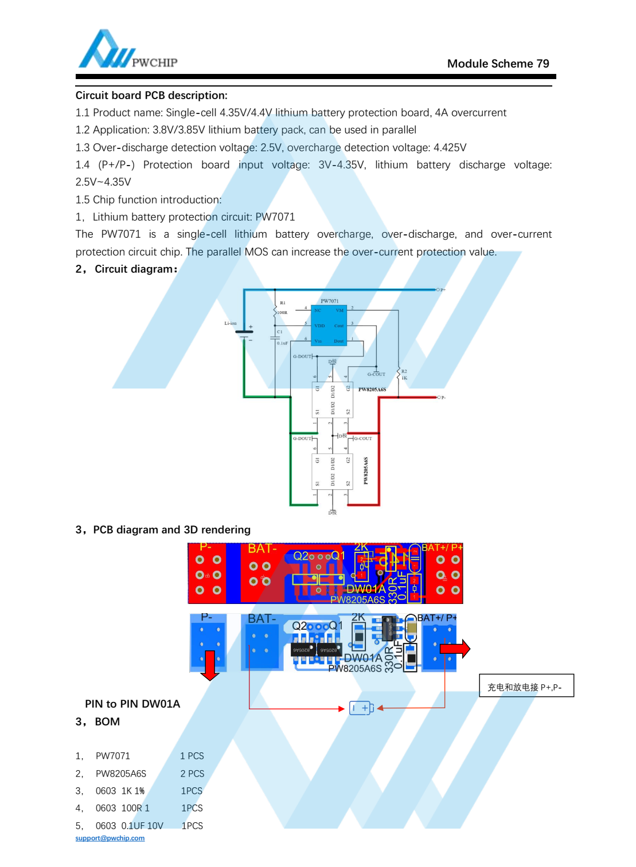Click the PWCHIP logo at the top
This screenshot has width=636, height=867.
(127, 50)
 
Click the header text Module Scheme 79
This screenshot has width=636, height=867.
(498, 64)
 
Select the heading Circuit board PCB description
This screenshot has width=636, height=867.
(151, 95)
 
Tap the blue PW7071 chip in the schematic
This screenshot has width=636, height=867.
(329, 325)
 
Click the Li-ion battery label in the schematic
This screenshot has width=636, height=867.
(230, 323)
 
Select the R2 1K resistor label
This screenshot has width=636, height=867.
(404, 375)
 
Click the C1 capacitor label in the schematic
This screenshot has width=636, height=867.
(280, 332)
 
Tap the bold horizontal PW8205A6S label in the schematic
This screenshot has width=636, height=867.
(372, 390)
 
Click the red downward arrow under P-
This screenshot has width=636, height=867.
(210, 665)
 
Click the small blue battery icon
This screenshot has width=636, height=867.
(361, 708)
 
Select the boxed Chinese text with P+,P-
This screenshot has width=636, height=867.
(525, 686)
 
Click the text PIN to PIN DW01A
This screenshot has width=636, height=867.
(132, 704)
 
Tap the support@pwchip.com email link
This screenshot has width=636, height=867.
(110, 838)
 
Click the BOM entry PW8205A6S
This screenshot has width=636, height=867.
(121, 774)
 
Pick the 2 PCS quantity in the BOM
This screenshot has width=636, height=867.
(192, 774)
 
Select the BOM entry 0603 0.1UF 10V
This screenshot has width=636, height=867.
(129, 826)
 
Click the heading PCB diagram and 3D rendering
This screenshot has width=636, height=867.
(171, 529)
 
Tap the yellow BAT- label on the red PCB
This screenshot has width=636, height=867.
(262, 549)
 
